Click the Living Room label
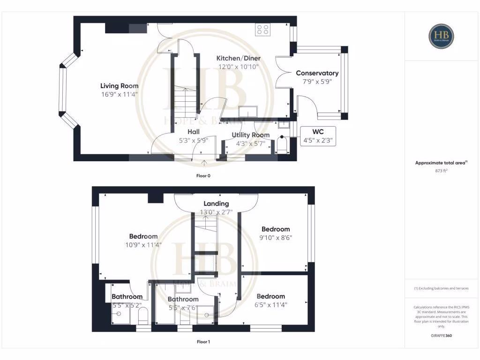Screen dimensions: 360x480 [x=119, y=86]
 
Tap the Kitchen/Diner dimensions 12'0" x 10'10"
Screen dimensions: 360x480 [x=238, y=67]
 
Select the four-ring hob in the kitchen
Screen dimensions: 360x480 [x=262, y=30]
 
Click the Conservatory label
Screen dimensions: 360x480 [x=317, y=73]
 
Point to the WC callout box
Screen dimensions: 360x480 [x=318, y=136]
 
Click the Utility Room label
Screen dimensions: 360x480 [x=251, y=135]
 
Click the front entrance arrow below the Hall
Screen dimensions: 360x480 [x=205, y=162]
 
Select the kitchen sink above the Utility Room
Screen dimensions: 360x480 [x=247, y=112]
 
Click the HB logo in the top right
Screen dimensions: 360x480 [x=441, y=36]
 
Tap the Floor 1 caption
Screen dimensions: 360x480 [x=203, y=342]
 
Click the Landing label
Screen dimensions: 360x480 [x=216, y=203]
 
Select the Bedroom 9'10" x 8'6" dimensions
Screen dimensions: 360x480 [x=276, y=237]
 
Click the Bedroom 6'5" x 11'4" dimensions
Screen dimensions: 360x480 [x=271, y=304]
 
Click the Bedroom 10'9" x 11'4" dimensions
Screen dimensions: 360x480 [x=143, y=244]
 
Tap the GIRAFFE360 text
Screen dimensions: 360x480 [x=442, y=336]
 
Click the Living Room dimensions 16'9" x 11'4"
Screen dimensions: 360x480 [x=119, y=94]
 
